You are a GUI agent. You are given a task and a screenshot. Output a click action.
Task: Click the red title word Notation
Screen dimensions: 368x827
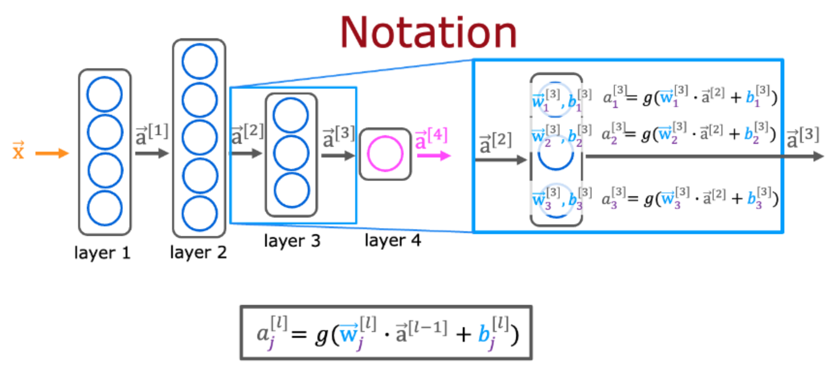(x=428, y=33)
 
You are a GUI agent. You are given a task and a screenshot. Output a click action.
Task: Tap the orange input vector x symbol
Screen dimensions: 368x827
(x=18, y=150)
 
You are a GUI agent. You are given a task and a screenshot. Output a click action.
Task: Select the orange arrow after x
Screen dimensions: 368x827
(x=52, y=154)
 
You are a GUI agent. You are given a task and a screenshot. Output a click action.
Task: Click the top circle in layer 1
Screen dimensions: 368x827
(x=105, y=94)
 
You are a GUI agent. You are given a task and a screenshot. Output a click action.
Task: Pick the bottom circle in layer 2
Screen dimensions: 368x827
(x=200, y=214)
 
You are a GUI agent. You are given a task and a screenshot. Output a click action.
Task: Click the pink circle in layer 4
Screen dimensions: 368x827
(x=385, y=154)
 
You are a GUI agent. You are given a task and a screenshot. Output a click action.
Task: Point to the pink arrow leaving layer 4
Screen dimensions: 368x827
(x=433, y=156)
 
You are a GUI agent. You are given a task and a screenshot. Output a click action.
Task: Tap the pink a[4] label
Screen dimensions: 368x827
(x=431, y=138)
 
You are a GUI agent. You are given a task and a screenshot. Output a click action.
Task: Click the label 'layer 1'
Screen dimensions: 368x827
(x=102, y=253)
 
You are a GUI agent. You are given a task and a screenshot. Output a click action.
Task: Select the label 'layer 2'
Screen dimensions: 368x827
(x=198, y=252)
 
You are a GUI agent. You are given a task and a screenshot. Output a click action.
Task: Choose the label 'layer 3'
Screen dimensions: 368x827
(x=292, y=241)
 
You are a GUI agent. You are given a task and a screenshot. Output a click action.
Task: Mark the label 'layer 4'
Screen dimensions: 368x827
(x=392, y=240)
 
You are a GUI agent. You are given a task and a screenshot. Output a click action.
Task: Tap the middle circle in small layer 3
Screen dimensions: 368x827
(x=291, y=153)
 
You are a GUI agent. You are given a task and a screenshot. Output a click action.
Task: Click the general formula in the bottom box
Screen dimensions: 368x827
(x=386, y=333)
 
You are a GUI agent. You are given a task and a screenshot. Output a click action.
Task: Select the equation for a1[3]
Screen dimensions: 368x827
(x=690, y=97)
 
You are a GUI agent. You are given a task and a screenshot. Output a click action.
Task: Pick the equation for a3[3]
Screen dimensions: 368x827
(x=690, y=198)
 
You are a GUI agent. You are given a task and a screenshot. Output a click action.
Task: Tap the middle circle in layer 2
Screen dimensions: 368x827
(x=200, y=138)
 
